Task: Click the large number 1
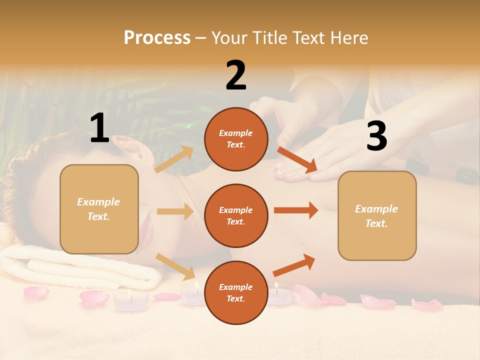click(99, 128)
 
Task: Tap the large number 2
click(236, 75)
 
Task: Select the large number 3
click(376, 136)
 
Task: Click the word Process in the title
click(157, 37)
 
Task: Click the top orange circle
click(236, 139)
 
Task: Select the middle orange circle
click(236, 215)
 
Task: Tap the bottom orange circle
click(236, 292)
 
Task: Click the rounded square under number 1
click(99, 209)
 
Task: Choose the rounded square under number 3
click(377, 215)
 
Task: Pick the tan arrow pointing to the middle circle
click(175, 211)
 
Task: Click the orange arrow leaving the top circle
click(297, 160)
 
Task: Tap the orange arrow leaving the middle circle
click(296, 210)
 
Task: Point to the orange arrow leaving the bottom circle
click(294, 265)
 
